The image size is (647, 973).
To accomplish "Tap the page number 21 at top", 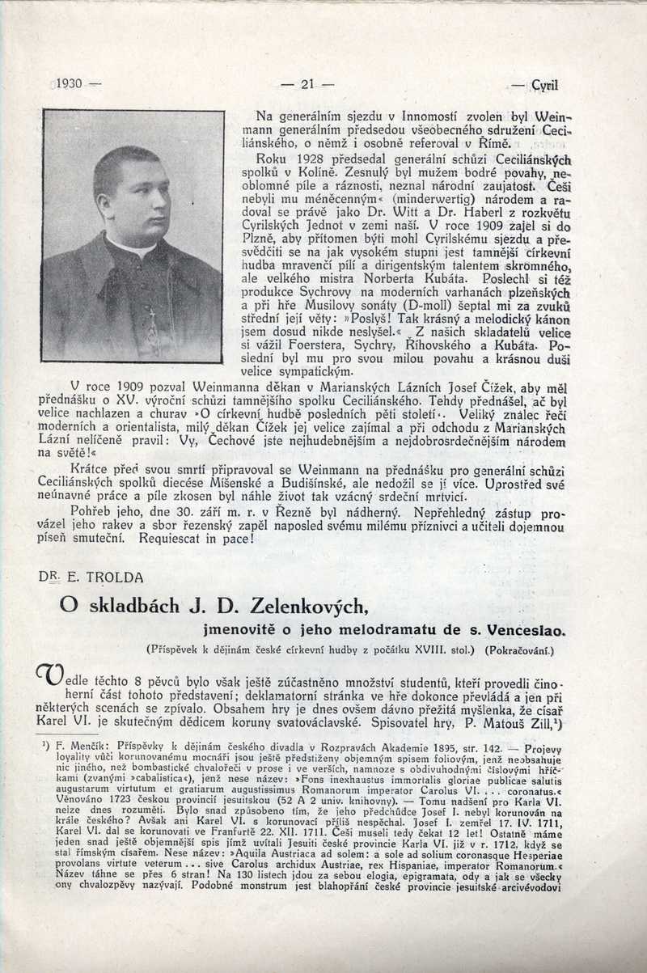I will click(x=307, y=83).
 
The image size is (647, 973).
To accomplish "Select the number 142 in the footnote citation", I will click(x=492, y=750).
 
